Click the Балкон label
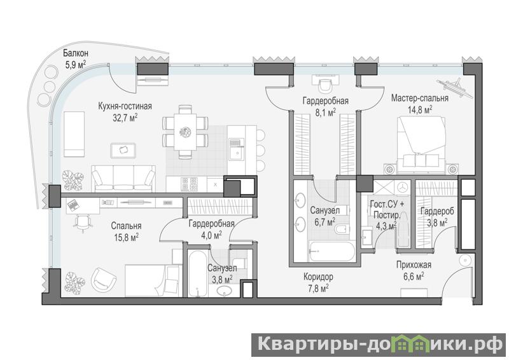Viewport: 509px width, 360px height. (x=76, y=53)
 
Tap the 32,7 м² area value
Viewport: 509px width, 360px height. (x=125, y=117)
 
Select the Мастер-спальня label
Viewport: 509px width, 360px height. (x=420, y=98)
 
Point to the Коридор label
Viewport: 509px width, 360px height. (x=318, y=277)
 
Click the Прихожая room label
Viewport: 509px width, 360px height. (x=414, y=265)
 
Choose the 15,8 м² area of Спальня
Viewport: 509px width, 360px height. (x=126, y=238)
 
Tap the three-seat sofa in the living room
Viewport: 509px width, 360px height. (x=123, y=178)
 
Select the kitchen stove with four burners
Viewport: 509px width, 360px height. (x=189, y=184)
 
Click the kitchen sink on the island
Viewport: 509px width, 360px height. (x=236, y=149)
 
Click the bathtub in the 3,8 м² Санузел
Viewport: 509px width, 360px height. (x=197, y=273)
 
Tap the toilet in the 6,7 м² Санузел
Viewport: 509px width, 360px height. (x=341, y=230)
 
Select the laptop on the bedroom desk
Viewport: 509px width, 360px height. (x=73, y=205)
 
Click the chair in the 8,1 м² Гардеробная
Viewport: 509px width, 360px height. (x=325, y=85)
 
